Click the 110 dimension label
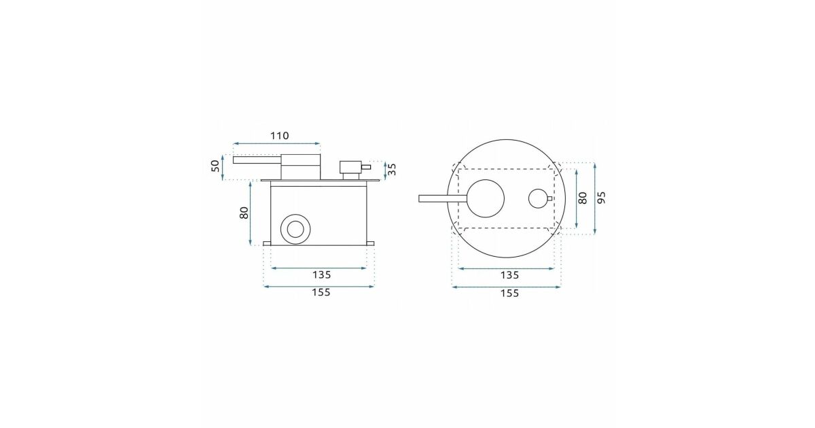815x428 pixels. pos(279,136)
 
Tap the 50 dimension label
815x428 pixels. pos(216,166)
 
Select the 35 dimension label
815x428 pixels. pos(392,169)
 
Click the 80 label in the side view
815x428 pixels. pos(244,213)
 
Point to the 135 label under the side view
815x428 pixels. pos(322,274)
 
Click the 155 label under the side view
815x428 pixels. pos(321,292)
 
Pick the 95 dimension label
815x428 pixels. pos(602,197)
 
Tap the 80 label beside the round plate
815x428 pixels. pos(583,198)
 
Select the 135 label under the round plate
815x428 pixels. pos(509,275)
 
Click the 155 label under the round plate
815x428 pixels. pos(509,293)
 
